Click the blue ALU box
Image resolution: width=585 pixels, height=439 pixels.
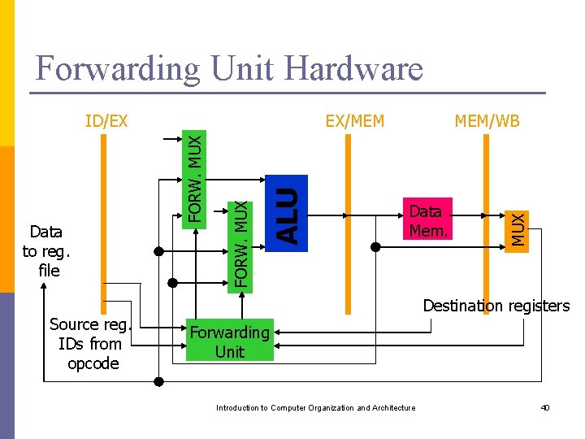click(288, 213)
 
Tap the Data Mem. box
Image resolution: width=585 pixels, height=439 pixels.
click(427, 221)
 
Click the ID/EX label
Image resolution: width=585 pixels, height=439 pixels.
click(106, 122)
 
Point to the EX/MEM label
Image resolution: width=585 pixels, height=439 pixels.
click(354, 122)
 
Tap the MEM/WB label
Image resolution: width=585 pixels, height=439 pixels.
click(487, 122)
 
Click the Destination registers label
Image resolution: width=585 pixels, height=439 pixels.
click(496, 306)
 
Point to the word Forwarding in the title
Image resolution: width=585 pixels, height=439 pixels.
click(119, 68)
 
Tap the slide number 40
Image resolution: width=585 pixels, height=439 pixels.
click(545, 407)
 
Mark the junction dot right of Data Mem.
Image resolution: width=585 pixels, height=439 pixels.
click(375, 246)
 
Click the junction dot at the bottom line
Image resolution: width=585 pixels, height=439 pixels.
click(158, 381)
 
